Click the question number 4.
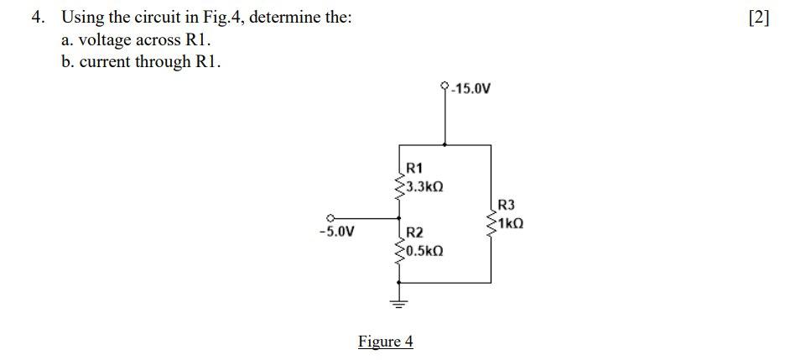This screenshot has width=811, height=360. point(37,18)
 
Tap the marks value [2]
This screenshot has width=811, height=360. point(757,18)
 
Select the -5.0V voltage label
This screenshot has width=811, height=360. point(336,232)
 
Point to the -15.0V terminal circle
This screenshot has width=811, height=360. point(444,86)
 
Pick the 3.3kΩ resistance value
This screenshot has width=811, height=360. point(424,185)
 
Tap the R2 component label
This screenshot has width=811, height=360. point(414,232)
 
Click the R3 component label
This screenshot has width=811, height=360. point(507,206)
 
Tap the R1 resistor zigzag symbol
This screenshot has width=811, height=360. point(398,182)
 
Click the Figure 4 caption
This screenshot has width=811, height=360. point(386,342)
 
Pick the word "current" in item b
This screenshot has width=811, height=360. point(106,62)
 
